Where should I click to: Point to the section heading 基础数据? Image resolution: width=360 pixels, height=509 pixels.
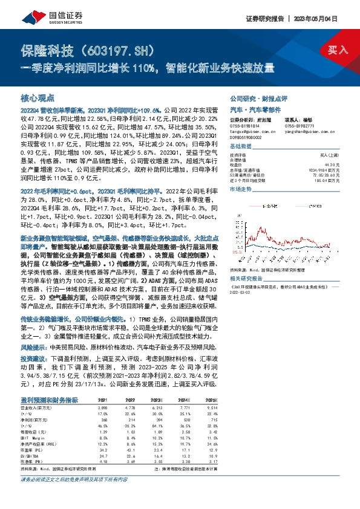coord(242,147)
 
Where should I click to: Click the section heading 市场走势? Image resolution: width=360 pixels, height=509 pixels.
coord(242,189)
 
